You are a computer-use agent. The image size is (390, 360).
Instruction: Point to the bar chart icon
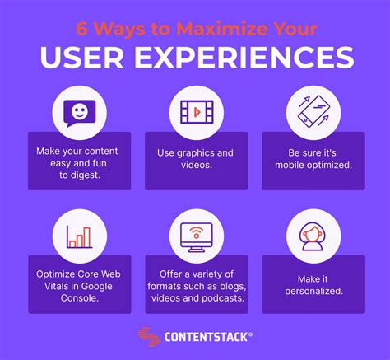(78, 234)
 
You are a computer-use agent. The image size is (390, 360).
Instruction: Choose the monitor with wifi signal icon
(194, 234)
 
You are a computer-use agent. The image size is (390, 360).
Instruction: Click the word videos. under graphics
(195, 165)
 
